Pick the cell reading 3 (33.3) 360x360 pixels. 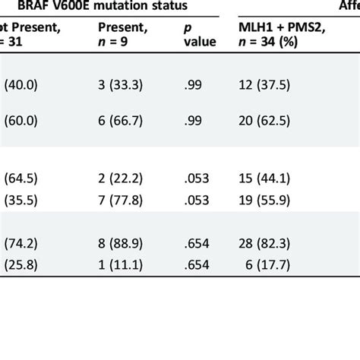[x=121, y=85]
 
